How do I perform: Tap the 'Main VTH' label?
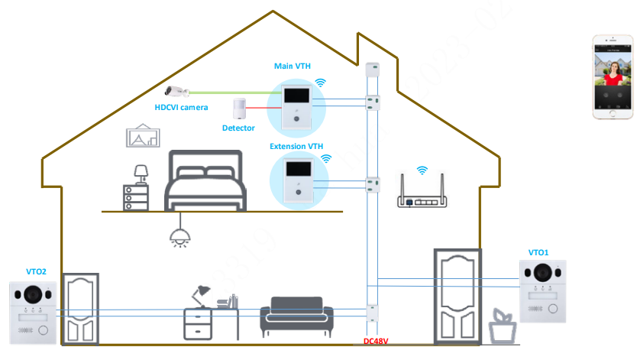293,66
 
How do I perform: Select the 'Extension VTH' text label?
296,145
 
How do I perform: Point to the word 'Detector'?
238,128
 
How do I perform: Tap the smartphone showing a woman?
613,76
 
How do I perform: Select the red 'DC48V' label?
376,342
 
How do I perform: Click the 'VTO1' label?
538,252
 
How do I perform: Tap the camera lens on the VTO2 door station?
33,294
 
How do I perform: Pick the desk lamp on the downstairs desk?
202,294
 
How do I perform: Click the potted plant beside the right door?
501,326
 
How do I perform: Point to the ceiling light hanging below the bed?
179,235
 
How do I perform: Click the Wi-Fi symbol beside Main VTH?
321,82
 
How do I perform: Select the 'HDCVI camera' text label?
181,108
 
